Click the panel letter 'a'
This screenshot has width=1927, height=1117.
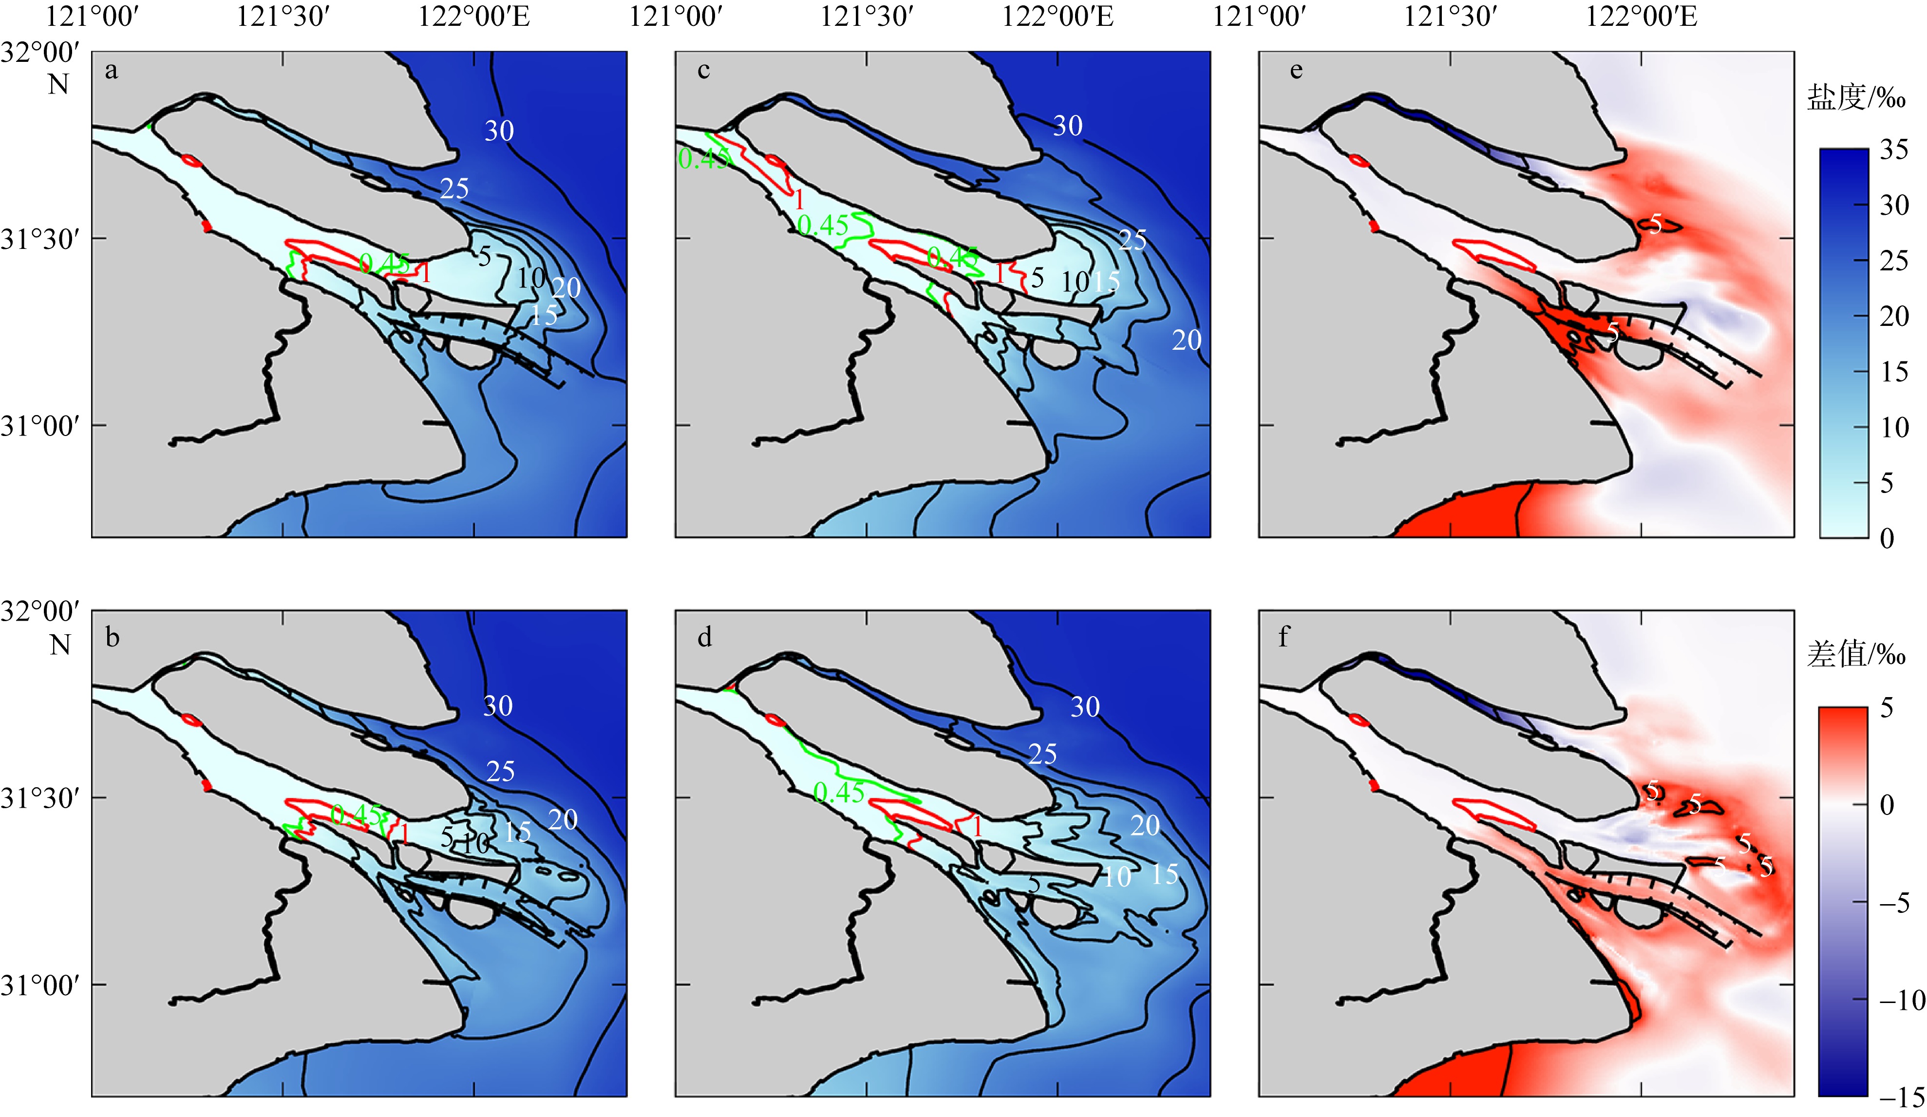coord(112,71)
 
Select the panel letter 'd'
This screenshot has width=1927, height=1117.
coord(704,636)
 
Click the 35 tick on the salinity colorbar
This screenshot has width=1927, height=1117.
coord(1894,150)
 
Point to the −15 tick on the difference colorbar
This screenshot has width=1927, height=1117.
coord(1901,1098)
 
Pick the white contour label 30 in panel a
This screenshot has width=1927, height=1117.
coord(499,132)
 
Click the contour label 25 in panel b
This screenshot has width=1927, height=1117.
coord(500,771)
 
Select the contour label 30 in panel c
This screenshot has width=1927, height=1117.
coord(1067,126)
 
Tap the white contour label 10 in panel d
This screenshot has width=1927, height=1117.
coord(1117,877)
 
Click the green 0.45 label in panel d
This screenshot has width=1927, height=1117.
coord(839,793)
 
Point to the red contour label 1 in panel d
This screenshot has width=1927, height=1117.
coord(977,827)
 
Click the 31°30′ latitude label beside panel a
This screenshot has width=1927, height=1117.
coord(40,239)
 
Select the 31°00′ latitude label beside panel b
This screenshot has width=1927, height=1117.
coord(40,985)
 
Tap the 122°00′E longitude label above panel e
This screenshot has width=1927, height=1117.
coord(1641,16)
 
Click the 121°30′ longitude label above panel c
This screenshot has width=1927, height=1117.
coord(867,16)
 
